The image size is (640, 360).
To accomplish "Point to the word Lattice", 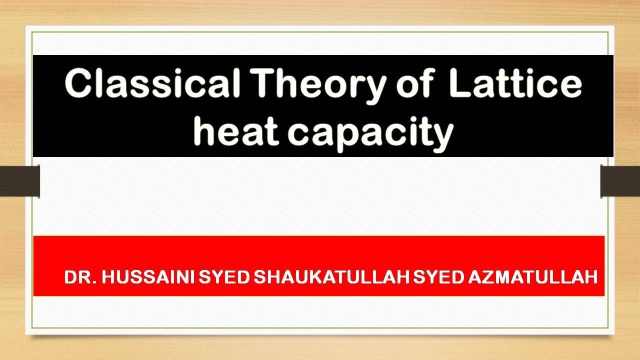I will point(515,83).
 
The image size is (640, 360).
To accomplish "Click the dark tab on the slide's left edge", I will point(20,181).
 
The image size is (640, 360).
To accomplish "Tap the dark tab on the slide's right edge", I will point(620,181).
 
